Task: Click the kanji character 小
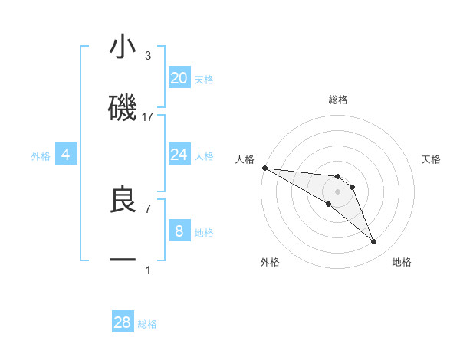click(x=123, y=47)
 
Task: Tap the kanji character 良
click(x=123, y=199)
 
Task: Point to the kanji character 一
click(x=123, y=260)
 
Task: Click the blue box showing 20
click(x=179, y=77)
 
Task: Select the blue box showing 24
click(x=179, y=155)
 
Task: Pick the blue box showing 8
click(x=179, y=231)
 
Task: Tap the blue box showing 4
click(x=66, y=155)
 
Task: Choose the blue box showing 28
click(x=123, y=322)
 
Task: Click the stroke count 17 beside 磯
click(x=148, y=117)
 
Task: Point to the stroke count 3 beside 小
click(x=148, y=56)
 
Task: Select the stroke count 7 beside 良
click(x=148, y=208)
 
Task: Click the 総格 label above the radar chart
click(x=338, y=100)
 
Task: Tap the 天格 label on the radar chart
click(x=432, y=159)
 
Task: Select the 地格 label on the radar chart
click(x=402, y=262)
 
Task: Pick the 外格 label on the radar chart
click(x=270, y=262)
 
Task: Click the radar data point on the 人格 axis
click(x=264, y=168)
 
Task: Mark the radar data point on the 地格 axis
click(x=374, y=242)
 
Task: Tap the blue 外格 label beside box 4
click(x=41, y=155)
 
